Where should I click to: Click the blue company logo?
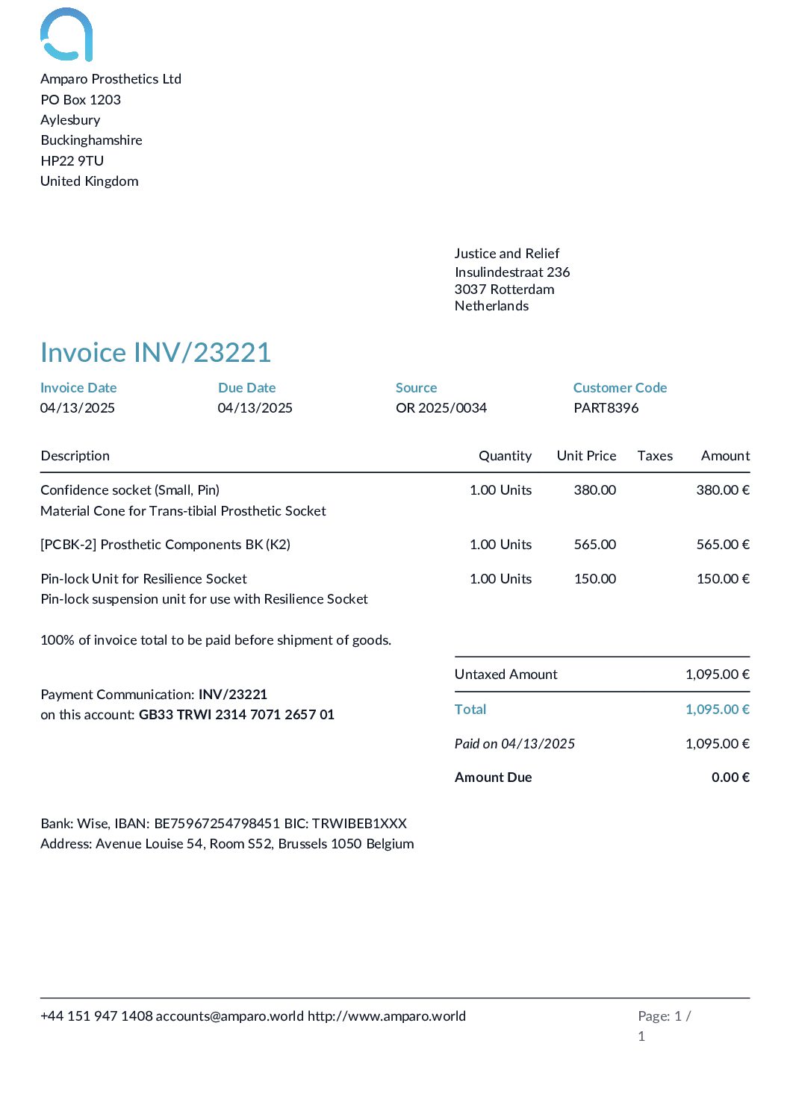tap(66, 34)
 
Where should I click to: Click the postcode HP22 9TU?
tap(72, 160)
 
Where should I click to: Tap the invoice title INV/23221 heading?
tap(155, 352)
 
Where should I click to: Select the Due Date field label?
tap(246, 387)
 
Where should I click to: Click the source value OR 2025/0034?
tap(441, 407)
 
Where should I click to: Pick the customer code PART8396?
tap(606, 407)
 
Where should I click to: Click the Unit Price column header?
tap(586, 455)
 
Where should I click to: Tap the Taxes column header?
tap(655, 455)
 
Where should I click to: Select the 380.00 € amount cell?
tap(722, 489)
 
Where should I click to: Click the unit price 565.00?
tap(594, 544)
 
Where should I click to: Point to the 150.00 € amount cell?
tap(722, 578)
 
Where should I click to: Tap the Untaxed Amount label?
tap(506, 674)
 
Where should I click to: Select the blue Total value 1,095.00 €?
tap(717, 709)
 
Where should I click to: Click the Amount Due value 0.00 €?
tap(730, 777)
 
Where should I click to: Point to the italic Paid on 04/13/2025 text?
tap(514, 743)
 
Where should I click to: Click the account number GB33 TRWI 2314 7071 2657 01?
tap(236, 714)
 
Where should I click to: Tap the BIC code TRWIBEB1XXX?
tap(359, 823)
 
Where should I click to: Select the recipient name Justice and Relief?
tap(506, 253)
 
